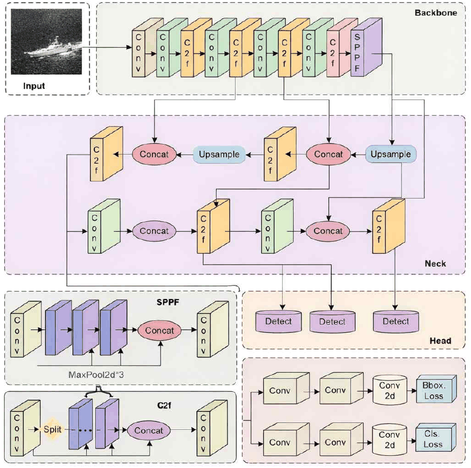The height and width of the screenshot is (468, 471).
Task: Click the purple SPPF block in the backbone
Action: tap(366, 48)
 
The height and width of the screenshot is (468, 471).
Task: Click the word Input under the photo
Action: tap(34, 86)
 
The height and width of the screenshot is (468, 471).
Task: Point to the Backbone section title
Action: tap(436, 13)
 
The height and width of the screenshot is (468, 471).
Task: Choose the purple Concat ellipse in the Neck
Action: tap(154, 231)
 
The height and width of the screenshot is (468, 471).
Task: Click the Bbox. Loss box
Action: tap(436, 389)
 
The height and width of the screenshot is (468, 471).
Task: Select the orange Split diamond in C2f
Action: tap(52, 429)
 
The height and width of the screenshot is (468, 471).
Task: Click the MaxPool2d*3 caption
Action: tap(96, 375)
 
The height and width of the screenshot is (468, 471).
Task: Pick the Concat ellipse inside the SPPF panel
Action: tap(159, 330)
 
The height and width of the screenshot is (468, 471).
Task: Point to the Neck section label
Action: tap(435, 264)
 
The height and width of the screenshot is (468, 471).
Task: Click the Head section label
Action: tap(440, 340)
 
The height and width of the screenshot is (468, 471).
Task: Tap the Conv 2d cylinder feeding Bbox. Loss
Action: tap(390, 390)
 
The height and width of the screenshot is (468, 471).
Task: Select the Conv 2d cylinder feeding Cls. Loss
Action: tap(390, 439)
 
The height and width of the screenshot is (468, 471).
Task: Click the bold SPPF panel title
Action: tap(168, 302)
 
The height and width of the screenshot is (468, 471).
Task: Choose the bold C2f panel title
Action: tap(164, 406)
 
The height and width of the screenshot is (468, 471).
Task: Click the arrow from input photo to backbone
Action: tap(107, 47)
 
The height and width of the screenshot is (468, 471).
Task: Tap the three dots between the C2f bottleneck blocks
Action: tap(85, 430)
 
